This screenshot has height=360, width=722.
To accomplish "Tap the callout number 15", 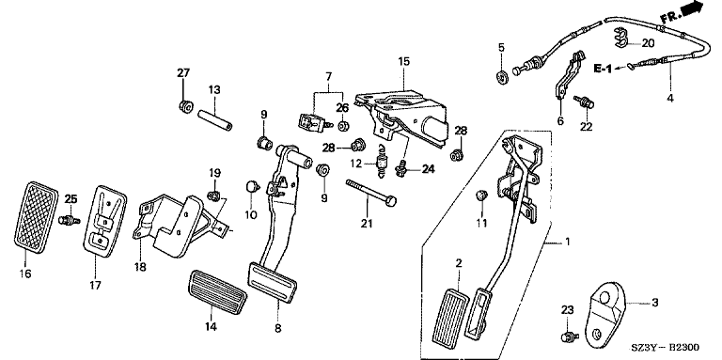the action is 403,61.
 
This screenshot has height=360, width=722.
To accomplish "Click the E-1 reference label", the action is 603,70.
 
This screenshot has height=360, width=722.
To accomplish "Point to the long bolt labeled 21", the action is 371,192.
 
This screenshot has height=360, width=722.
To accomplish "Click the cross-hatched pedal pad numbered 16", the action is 35,218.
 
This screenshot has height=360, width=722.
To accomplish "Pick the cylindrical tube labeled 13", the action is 215,119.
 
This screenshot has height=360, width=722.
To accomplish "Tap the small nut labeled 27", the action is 186,107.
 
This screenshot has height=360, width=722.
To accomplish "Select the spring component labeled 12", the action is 382,162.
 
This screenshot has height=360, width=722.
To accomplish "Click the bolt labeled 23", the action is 569,337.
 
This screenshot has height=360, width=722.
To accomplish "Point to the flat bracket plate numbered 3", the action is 604,310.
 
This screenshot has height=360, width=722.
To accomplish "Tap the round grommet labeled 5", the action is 501,76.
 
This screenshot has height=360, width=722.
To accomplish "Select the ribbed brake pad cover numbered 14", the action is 217,292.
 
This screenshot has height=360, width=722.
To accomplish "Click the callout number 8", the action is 277,328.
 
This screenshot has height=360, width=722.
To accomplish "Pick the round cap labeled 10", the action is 251,186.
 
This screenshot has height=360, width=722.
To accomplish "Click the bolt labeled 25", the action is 69,220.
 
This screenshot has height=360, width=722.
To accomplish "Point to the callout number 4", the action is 670,98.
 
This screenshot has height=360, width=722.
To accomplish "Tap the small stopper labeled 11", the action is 481,196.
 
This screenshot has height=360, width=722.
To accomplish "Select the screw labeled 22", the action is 584,102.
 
